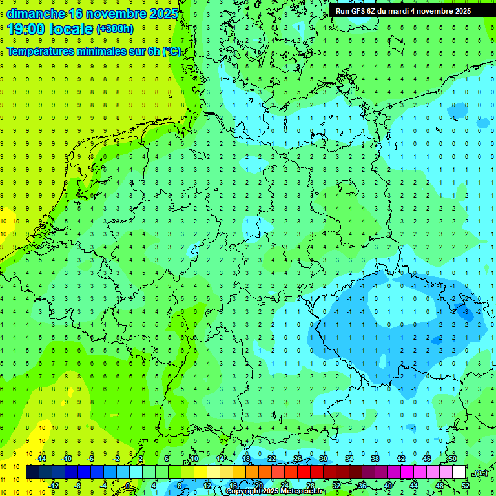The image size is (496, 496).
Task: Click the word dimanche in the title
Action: [x=35, y=14]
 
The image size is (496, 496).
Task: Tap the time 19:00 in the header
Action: [x=25, y=28]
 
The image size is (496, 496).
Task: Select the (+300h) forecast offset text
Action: [x=114, y=29]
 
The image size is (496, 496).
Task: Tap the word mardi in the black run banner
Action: [x=408, y=11]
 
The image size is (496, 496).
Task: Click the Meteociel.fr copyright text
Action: [x=275, y=491]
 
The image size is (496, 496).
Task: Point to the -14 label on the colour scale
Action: [x=40, y=459]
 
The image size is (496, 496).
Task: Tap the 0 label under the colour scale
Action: [x=129, y=486]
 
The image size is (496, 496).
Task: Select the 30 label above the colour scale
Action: [x=323, y=459]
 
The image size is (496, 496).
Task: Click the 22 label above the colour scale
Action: [x=271, y=459]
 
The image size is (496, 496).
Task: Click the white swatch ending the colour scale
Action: [x=459, y=472]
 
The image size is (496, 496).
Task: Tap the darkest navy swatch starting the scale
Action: [x=32, y=472]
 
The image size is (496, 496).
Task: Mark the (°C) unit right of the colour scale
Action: [x=480, y=473]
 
